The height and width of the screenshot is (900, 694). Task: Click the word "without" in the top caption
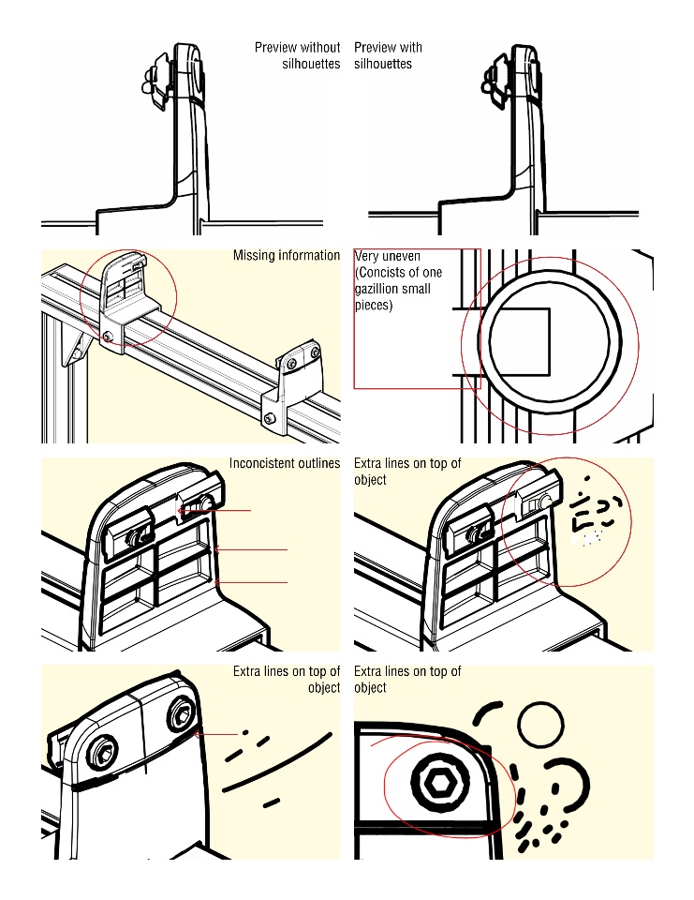(320, 48)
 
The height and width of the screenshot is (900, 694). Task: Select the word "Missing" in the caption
(254, 256)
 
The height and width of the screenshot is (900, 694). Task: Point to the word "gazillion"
(379, 290)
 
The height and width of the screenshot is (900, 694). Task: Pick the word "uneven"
(402, 256)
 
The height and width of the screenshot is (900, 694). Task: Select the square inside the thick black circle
(520, 338)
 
